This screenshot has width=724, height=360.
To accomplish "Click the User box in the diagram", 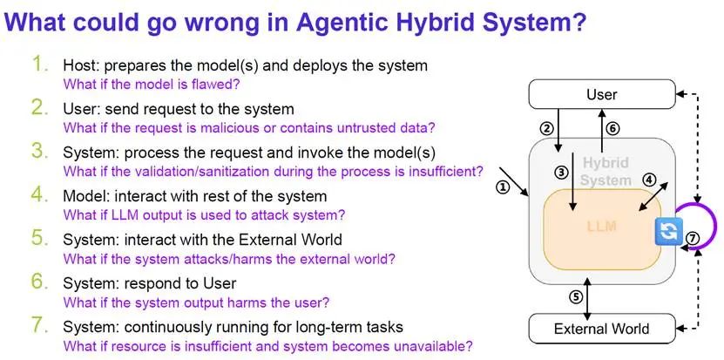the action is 602,94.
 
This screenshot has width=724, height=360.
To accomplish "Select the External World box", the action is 602,329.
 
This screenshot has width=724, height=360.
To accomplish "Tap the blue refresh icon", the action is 666,232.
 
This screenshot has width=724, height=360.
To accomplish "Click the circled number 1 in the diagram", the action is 503,187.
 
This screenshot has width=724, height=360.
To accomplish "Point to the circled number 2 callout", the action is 546,129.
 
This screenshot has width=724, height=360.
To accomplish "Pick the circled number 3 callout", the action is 560,173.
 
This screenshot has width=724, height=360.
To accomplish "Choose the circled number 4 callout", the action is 649,180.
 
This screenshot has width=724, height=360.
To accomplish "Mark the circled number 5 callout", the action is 575,297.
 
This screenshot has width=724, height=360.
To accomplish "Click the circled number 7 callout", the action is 693,239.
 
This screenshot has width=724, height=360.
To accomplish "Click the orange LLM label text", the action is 602,227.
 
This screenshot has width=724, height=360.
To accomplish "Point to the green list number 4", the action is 40,195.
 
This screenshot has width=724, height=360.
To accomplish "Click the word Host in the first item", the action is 80,65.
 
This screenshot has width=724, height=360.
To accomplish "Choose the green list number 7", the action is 40,326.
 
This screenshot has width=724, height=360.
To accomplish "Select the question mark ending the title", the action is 579,21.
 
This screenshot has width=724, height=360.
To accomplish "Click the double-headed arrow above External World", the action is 587,298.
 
